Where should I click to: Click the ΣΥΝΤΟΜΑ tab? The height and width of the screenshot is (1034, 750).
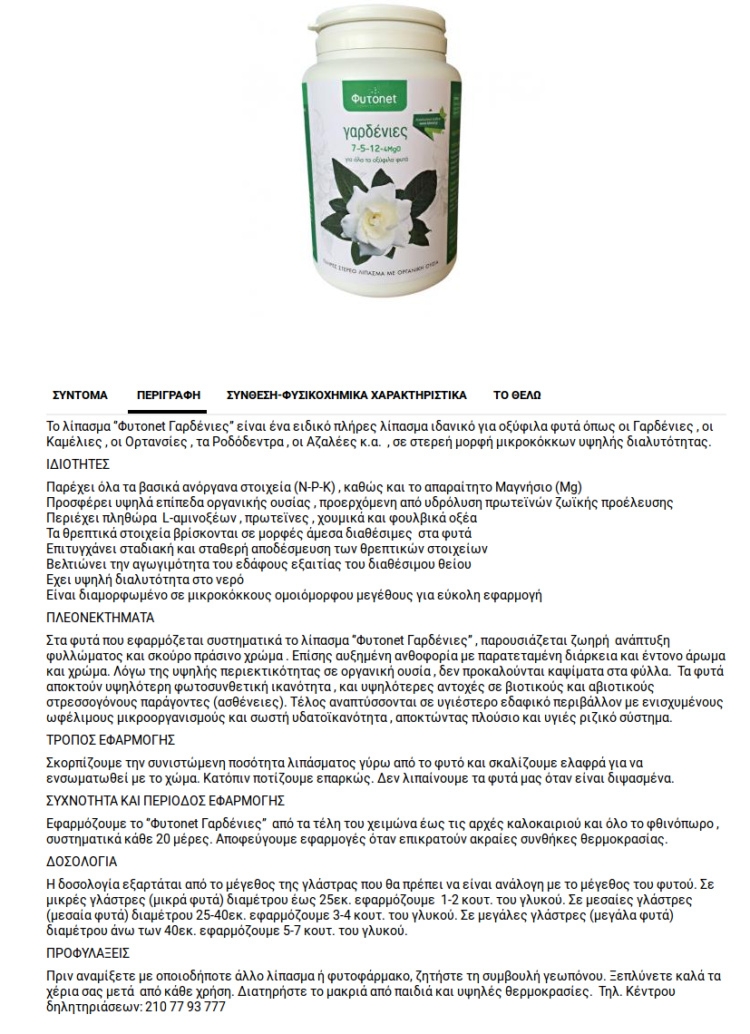(x=80, y=395)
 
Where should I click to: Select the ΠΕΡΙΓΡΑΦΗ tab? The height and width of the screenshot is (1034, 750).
(x=168, y=395)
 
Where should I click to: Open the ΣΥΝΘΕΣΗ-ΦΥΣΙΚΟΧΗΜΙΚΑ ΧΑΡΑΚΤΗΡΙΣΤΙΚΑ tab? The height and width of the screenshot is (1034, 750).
(x=346, y=395)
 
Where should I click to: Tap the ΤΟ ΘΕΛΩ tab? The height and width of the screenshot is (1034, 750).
(x=517, y=395)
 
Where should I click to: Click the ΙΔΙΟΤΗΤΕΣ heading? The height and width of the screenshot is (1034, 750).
(x=77, y=463)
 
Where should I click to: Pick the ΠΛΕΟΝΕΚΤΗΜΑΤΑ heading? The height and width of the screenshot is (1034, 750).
(x=100, y=618)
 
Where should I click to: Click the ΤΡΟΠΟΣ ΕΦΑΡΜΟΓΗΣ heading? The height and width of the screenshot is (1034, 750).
(x=110, y=740)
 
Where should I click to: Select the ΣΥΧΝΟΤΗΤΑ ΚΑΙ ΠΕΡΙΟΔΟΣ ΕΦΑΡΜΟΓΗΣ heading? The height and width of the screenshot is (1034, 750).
(x=166, y=801)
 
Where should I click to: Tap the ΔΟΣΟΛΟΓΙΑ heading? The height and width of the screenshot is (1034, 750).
(x=82, y=862)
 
